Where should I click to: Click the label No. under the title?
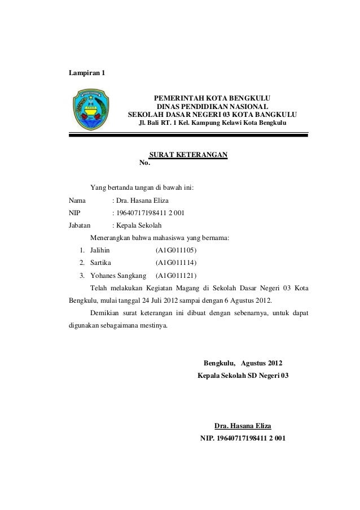pos(144,164)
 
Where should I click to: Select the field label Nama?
pos(77,200)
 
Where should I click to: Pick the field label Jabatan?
pos(80,225)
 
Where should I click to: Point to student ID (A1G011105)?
pos(176,250)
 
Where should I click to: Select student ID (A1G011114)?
pos(176,263)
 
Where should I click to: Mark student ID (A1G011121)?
pos(176,276)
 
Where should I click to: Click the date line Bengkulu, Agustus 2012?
pos(243,363)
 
